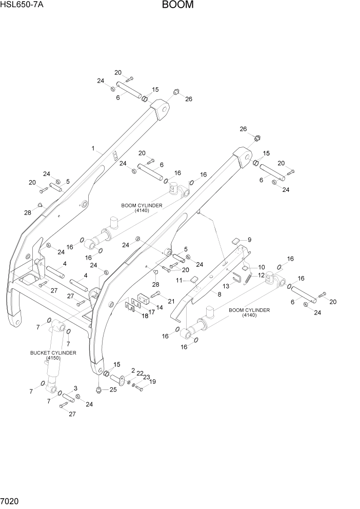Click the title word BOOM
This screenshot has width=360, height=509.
(178, 6)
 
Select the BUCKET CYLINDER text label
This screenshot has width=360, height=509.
(53, 353)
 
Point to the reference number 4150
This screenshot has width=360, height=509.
(53, 358)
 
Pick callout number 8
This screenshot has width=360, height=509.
(219, 295)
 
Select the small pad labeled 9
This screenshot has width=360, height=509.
(236, 240)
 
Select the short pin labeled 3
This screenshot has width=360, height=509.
(68, 398)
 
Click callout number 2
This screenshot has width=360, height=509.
(133, 370)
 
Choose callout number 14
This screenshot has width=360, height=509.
(159, 307)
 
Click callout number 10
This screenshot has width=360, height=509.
(261, 267)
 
